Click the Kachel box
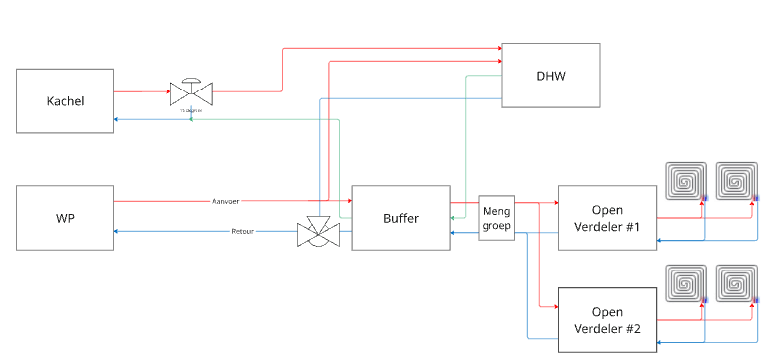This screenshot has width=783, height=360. click(66, 101)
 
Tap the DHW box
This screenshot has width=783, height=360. click(551, 76)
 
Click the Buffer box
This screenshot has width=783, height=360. click(400, 218)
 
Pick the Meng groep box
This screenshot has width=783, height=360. click(495, 218)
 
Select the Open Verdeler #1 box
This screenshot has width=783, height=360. click(607, 218)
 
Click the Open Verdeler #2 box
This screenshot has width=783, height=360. click(607, 319)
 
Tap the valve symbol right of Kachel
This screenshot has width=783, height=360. click(191, 92)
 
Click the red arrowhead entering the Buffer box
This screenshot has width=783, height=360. click(348, 201)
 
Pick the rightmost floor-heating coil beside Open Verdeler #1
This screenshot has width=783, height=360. click(737, 180)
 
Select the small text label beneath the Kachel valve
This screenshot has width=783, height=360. click(191, 110)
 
